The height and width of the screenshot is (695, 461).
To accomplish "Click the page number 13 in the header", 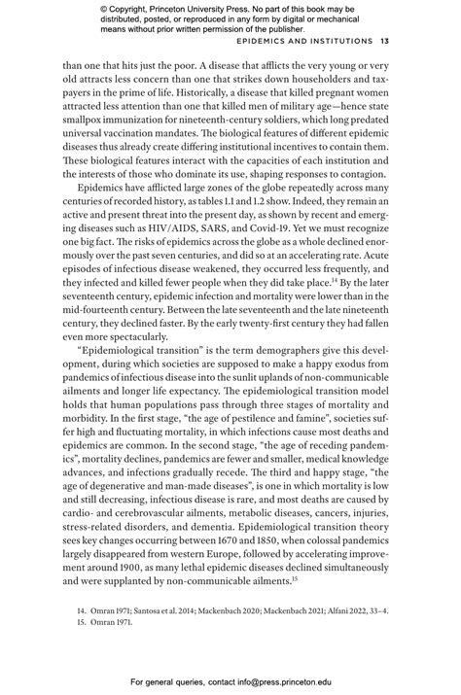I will tap(386, 42).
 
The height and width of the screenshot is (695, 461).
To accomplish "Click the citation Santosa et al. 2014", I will tap(159, 612).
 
